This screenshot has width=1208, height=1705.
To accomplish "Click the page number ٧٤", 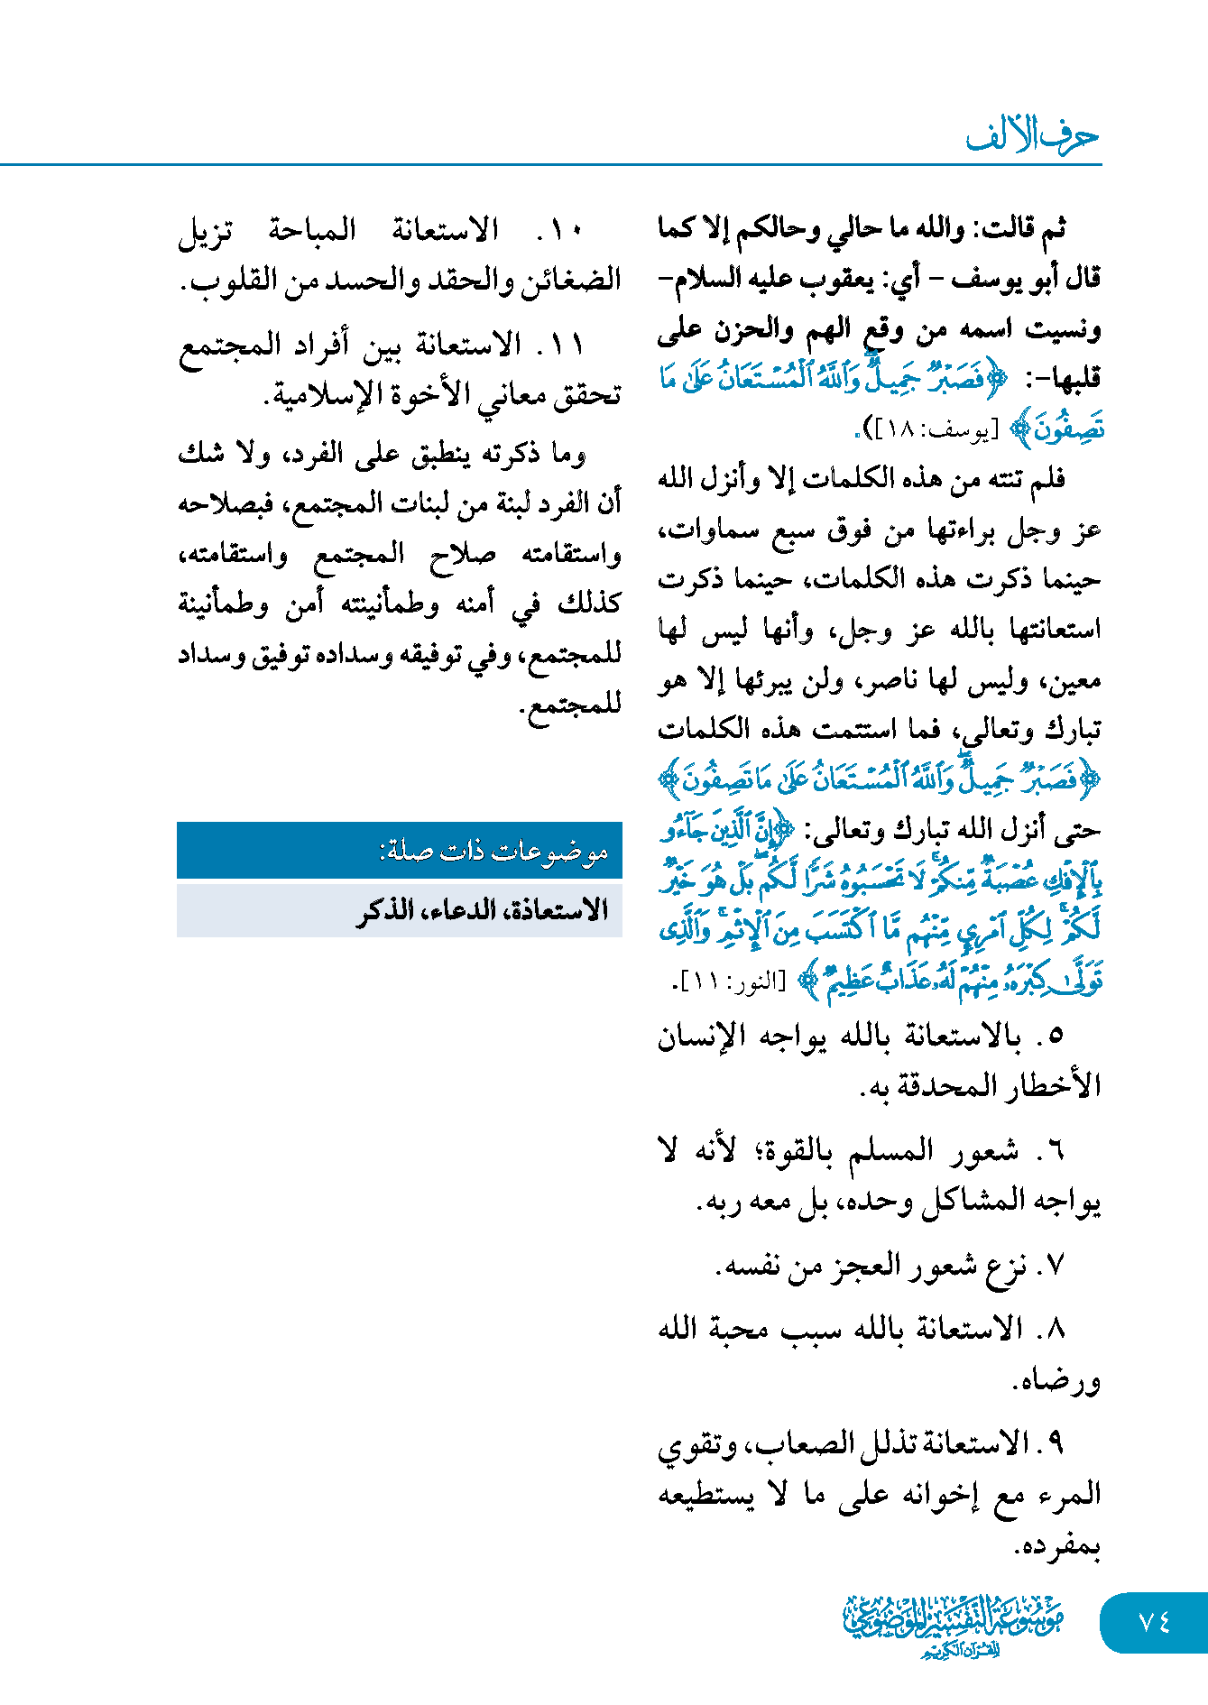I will coord(1154,1622).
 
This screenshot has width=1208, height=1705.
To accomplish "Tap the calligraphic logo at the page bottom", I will coord(953,1625).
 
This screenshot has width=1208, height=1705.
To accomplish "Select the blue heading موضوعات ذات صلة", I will coord(493,851).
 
